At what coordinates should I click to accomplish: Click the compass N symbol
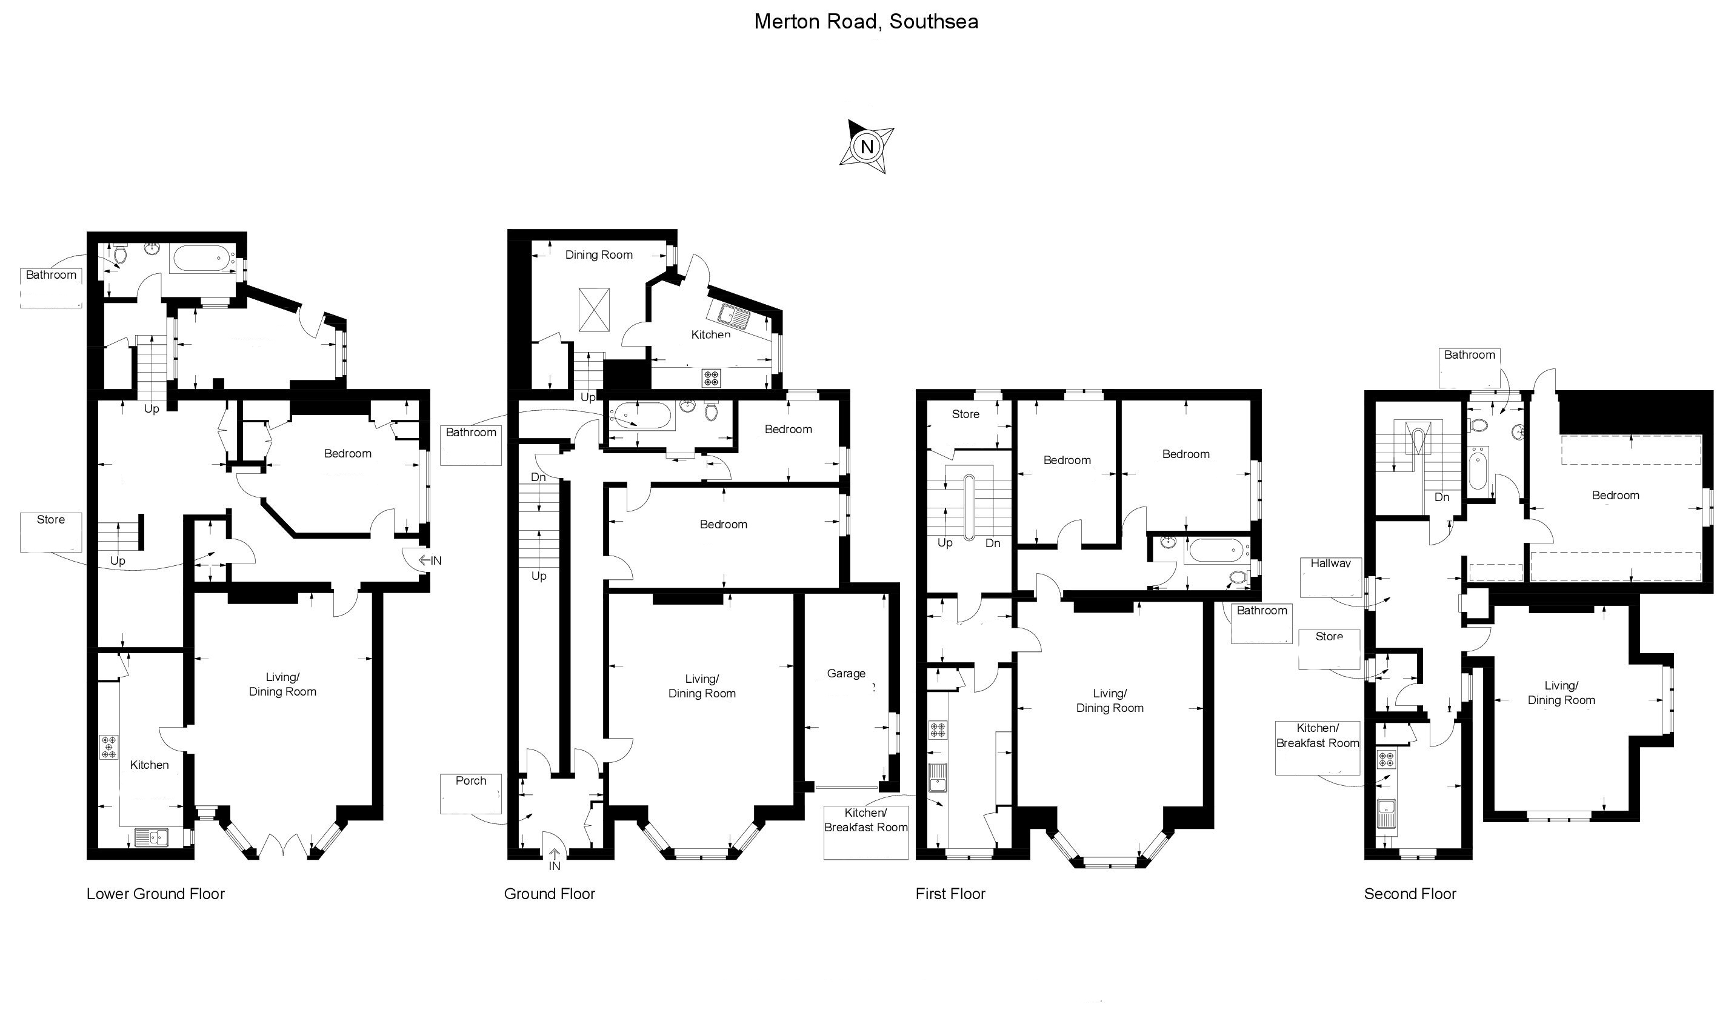pos(866,147)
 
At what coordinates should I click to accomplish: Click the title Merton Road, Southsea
pos(866,22)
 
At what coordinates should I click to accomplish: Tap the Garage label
pos(846,673)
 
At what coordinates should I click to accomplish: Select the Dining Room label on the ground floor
pos(599,254)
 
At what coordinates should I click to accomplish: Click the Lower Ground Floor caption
pos(156,894)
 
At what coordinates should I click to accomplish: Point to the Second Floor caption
pos(1410,894)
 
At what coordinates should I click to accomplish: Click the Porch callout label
pos(471,781)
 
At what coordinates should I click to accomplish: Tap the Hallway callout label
pos(1330,563)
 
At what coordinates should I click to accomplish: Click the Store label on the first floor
pos(965,414)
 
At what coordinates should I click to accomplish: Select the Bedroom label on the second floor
pos(1615,496)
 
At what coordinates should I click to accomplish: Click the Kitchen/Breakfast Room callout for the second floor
pos(1318,736)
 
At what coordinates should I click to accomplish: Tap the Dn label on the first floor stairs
pos(993,543)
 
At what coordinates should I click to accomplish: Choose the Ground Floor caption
pos(549,894)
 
